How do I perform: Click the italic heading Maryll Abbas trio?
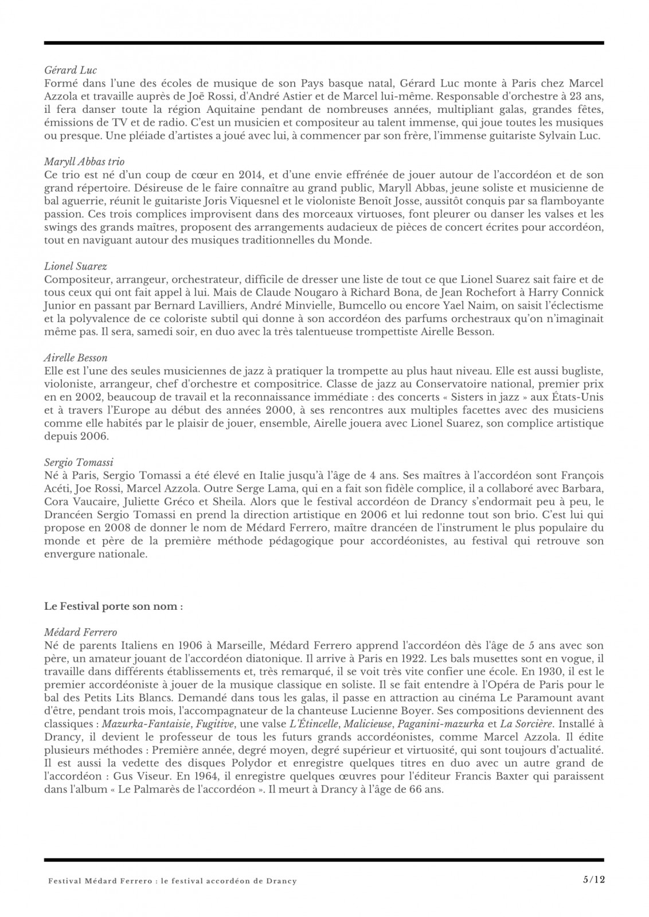click(x=84, y=162)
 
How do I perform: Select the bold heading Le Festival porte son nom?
click(x=114, y=606)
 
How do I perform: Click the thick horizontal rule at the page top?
click(x=324, y=43)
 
